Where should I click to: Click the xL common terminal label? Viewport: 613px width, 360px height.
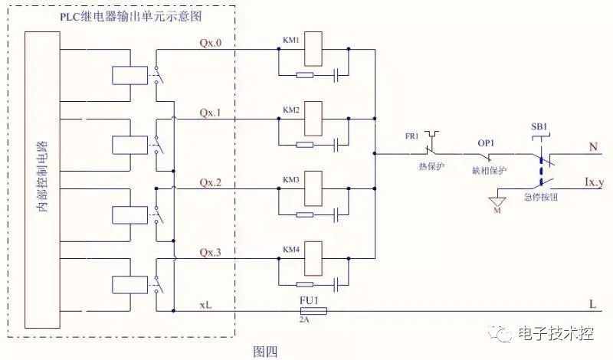tap(205, 305)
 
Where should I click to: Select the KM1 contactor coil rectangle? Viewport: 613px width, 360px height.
tap(313, 52)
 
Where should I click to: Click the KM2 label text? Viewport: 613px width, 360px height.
tap(290, 110)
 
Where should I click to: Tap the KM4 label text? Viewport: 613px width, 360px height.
tap(290, 250)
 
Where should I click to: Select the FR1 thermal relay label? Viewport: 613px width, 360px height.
tap(412, 136)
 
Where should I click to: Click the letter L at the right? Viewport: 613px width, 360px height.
tap(592, 304)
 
